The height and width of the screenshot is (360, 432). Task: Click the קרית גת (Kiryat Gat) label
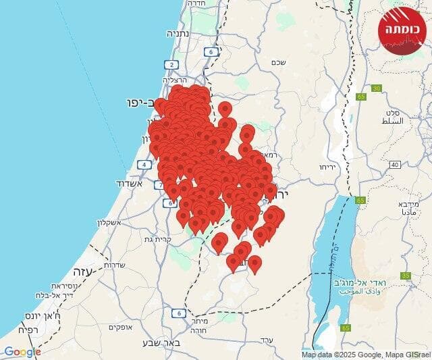coord(157,239)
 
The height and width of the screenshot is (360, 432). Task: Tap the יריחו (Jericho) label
coord(327,165)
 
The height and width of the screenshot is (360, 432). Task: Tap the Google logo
coord(22,351)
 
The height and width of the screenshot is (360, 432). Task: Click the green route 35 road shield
coord(406,276)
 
